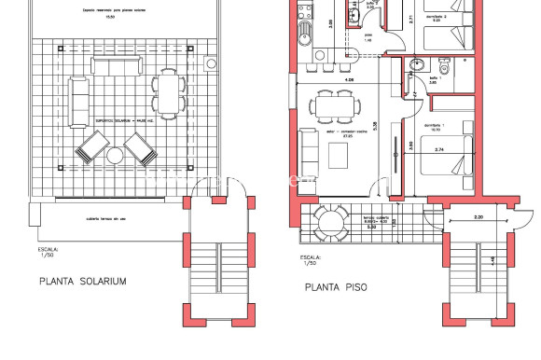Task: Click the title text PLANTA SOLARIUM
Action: point(84,279)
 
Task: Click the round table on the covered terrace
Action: point(330,223)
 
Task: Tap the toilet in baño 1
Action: point(443,71)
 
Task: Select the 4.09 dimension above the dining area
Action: point(323,79)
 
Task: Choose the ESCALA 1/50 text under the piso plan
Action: point(310,260)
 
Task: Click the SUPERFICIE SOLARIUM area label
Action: point(118,120)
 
